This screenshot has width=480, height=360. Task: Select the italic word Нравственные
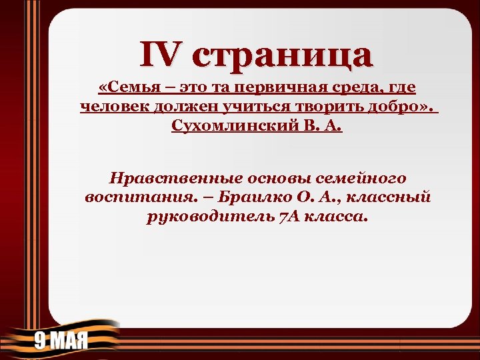(177, 179)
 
